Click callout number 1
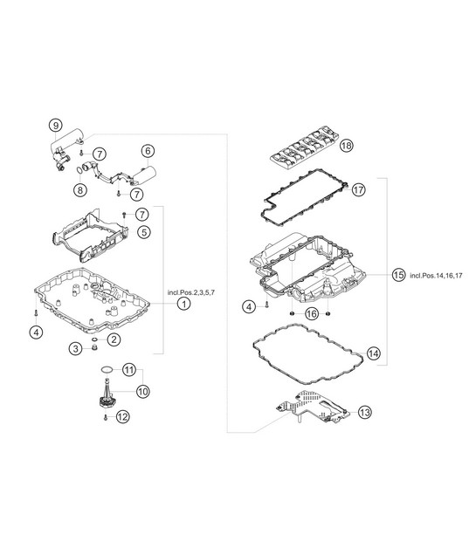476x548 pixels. [183, 304]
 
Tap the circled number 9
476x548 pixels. [55, 125]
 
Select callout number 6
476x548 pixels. [148, 151]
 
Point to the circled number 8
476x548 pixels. [80, 189]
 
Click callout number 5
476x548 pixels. [144, 232]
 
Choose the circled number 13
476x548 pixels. [365, 413]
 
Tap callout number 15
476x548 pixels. [398, 275]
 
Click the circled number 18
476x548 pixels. [346, 145]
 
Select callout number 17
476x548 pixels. [358, 189]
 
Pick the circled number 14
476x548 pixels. [374, 353]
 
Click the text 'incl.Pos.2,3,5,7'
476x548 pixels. [191, 292]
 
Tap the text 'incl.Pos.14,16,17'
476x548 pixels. [436, 276]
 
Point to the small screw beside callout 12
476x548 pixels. [106, 417]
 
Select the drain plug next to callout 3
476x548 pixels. [93, 348]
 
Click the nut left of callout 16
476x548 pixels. [292, 313]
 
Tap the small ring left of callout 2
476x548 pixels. [94, 339]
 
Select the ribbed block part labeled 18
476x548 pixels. [305, 149]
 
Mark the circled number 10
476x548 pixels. [142, 391]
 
